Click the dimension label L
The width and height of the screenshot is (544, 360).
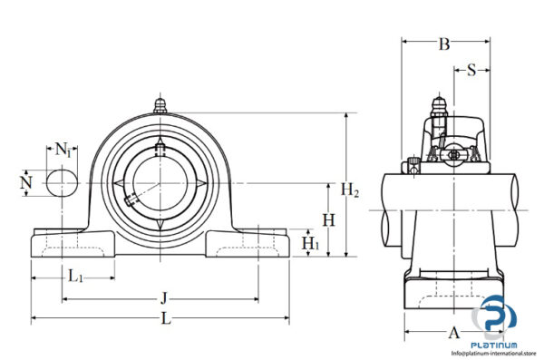tap(165, 319)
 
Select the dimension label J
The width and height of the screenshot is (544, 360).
tap(164, 297)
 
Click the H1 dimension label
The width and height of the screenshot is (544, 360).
tap(310, 243)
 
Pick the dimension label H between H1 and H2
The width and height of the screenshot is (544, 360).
tap(329, 219)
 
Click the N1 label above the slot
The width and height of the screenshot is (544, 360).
tap(63, 149)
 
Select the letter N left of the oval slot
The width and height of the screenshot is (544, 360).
tap(25, 183)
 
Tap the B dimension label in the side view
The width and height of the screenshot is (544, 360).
tap(444, 43)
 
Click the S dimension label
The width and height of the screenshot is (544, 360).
tap(471, 71)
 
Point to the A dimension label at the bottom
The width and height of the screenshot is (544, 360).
tap(455, 332)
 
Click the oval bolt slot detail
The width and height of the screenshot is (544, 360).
tap(63, 183)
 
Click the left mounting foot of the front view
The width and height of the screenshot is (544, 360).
tap(73, 243)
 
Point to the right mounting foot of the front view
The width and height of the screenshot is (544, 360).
tap(249, 243)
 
